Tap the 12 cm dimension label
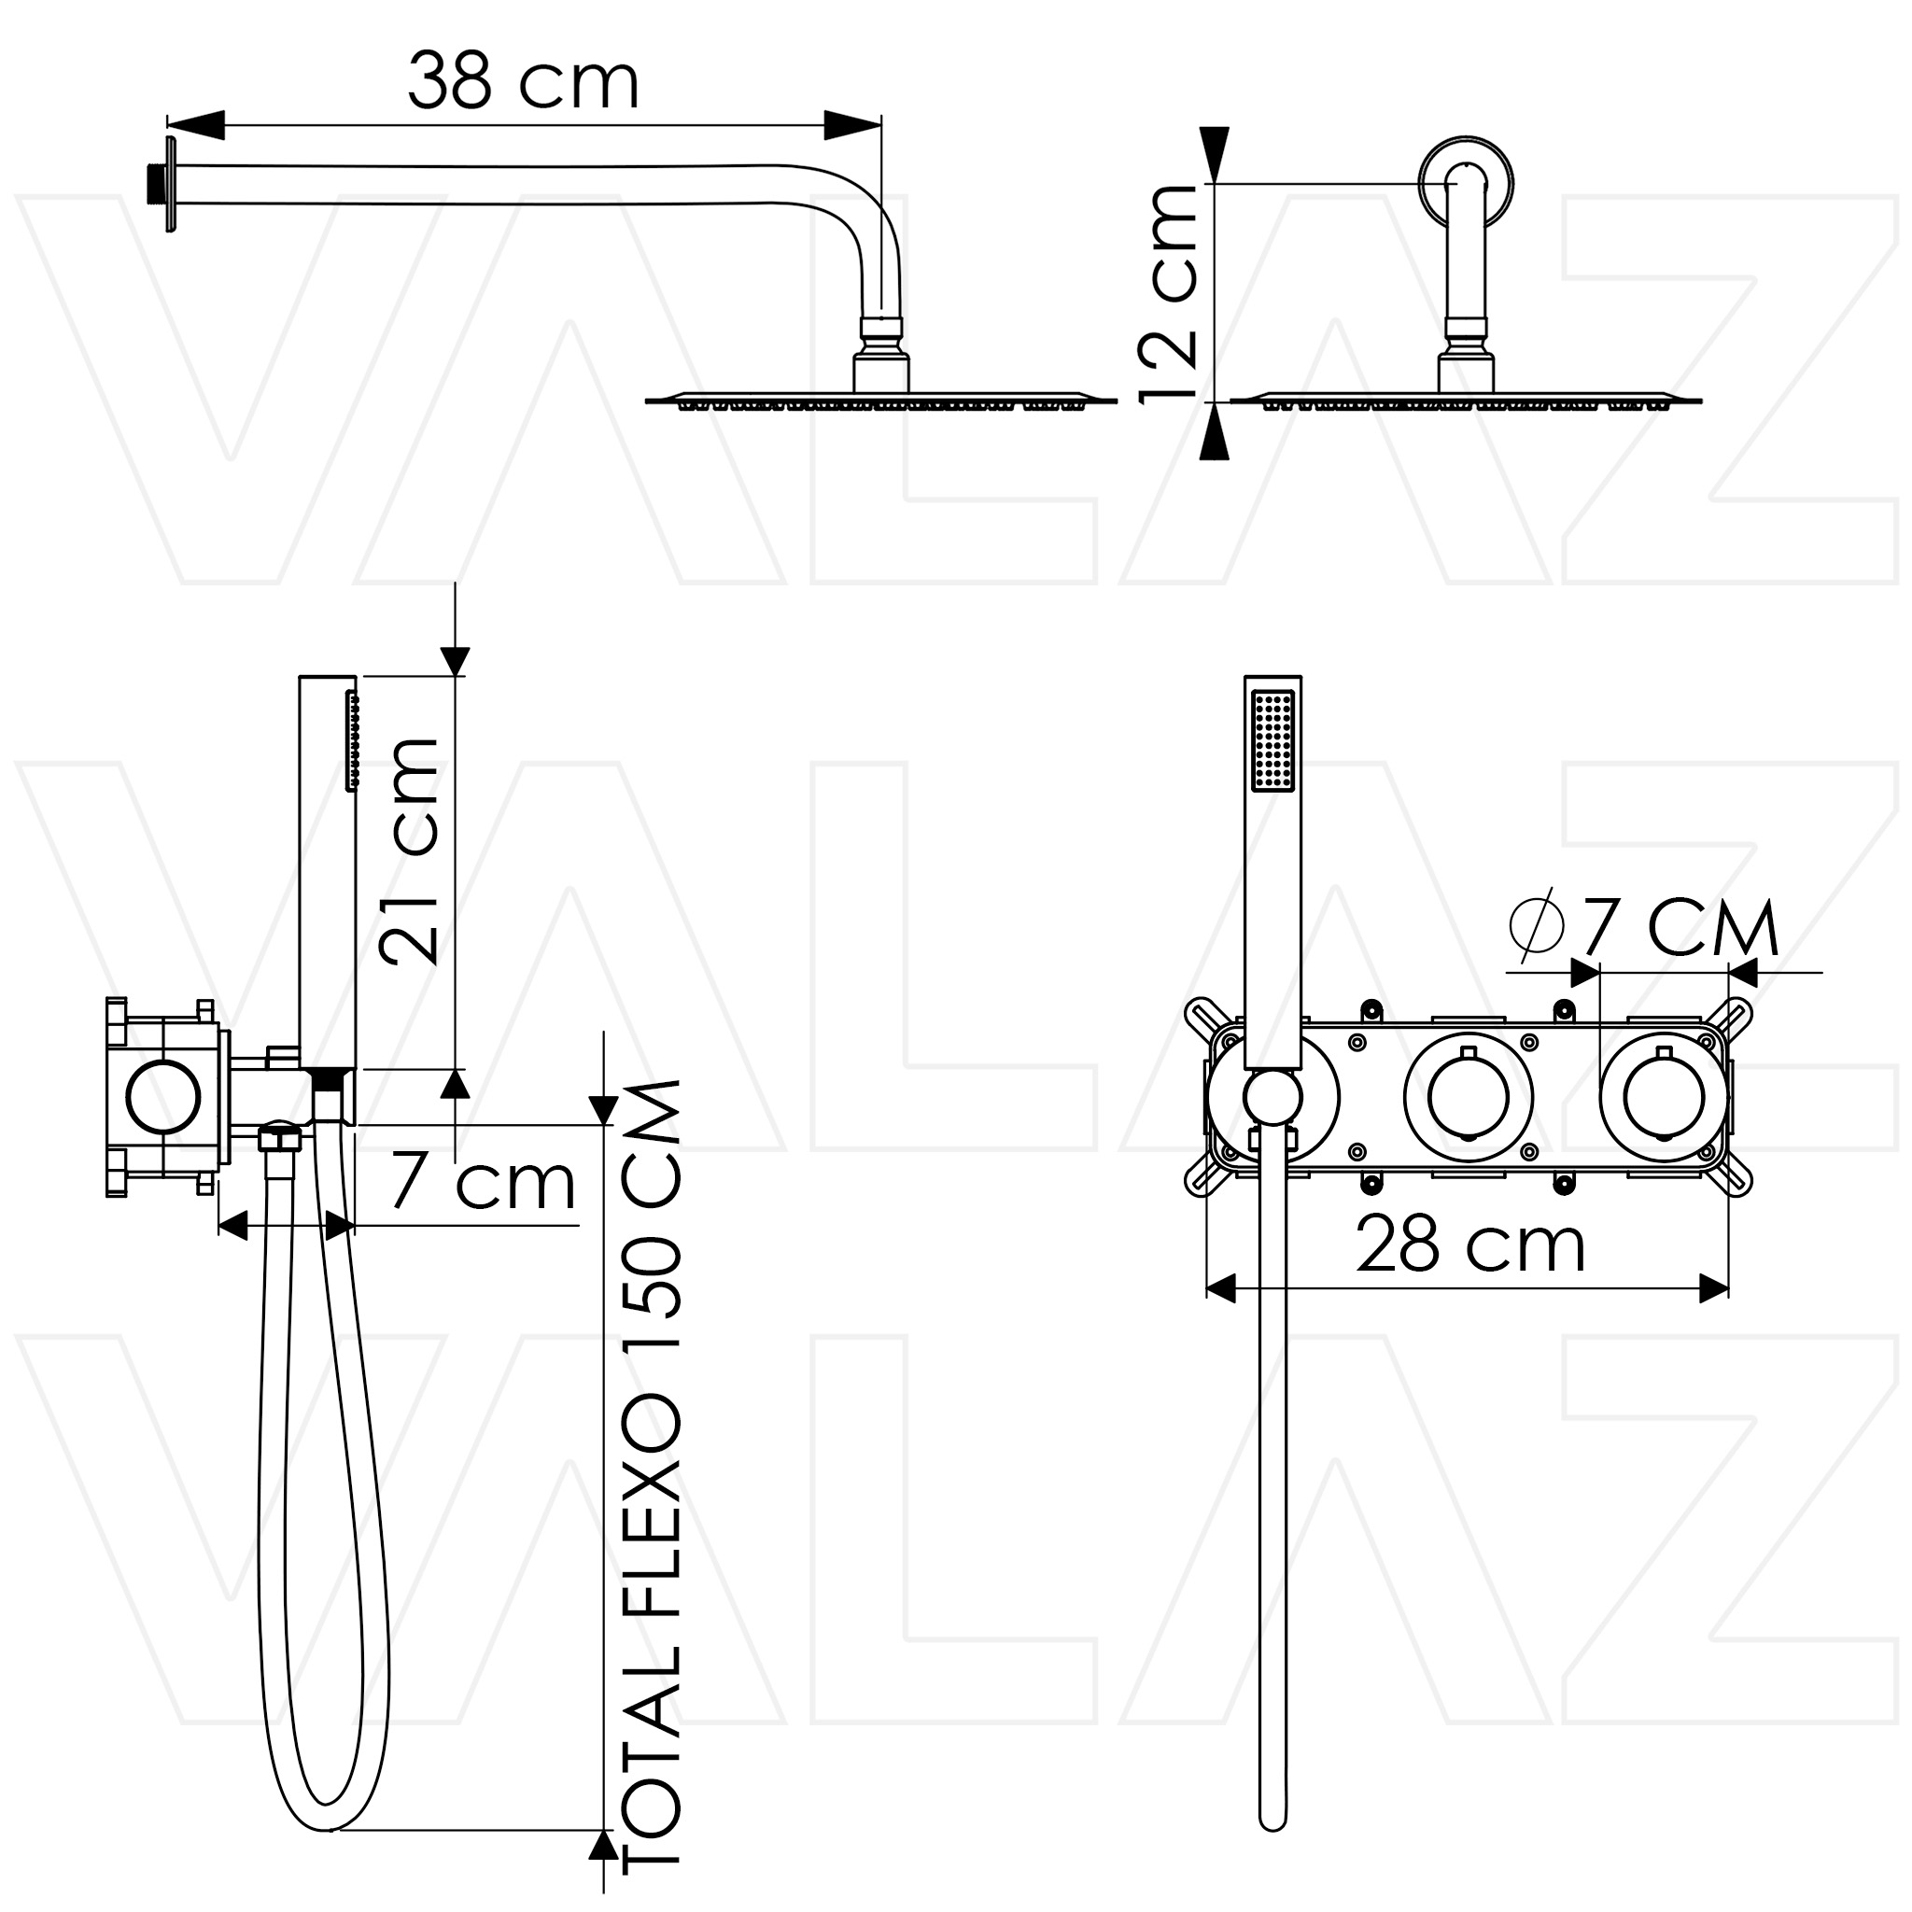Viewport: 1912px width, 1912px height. (1169, 293)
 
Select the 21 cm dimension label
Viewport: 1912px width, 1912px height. (409, 851)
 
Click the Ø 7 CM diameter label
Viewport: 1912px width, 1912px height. (1644, 926)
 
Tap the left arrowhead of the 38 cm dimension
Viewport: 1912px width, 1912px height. (196, 125)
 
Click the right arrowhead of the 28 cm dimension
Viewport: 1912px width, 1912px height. (1713, 1288)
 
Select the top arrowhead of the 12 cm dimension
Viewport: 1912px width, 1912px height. (1215, 155)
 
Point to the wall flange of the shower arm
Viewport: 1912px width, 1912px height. (171, 185)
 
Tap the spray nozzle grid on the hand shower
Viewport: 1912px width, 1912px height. (1272, 740)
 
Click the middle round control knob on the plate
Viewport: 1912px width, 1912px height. (1469, 1097)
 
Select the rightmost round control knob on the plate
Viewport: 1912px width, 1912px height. (1664, 1097)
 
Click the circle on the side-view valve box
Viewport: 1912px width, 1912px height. (164, 1097)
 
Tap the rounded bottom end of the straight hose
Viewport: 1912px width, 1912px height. (1272, 1819)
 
